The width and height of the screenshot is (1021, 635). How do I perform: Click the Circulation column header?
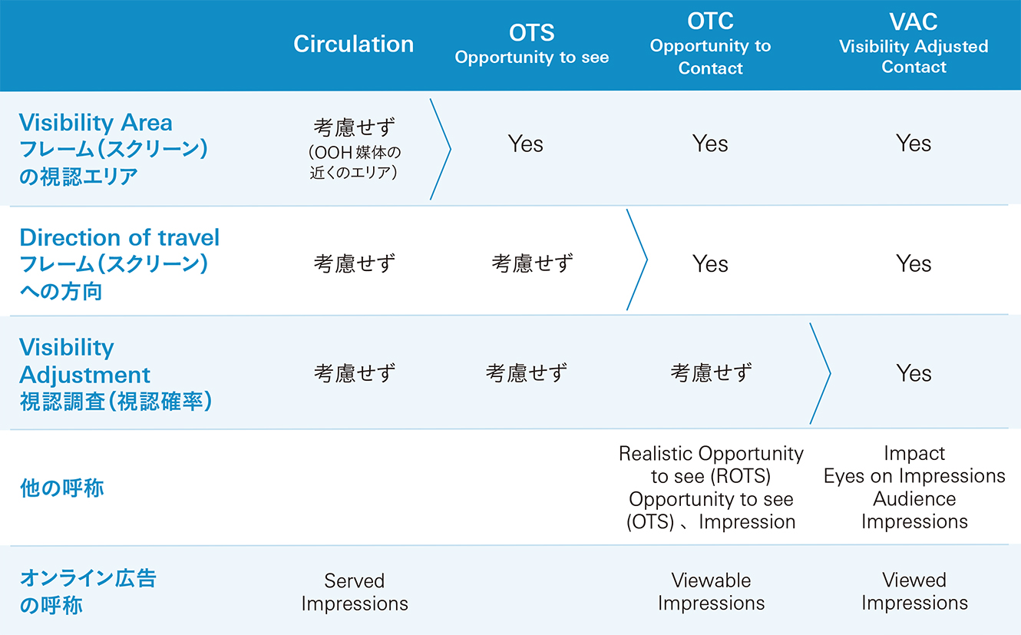(353, 45)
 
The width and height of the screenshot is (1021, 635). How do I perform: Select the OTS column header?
(531, 44)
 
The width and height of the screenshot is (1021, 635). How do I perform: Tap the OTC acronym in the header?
(710, 21)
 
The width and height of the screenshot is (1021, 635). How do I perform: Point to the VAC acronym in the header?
(913, 21)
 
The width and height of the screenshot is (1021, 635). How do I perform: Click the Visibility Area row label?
(113, 149)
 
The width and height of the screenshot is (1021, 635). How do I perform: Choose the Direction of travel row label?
(120, 263)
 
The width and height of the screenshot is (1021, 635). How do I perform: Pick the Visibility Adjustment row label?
(115, 374)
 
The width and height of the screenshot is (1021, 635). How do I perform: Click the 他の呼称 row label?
(61, 488)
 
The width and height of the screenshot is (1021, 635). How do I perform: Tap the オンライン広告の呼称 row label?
(88, 592)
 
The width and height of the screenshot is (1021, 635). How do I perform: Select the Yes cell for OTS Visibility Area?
(525, 144)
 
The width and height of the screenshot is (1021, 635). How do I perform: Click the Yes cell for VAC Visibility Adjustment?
(913, 373)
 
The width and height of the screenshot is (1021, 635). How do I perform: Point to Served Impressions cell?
(355, 592)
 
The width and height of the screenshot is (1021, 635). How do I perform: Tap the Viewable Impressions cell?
(711, 591)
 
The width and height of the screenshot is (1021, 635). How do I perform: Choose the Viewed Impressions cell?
(914, 590)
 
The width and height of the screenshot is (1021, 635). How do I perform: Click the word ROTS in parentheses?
(741, 476)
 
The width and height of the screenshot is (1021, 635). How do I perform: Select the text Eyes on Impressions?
(914, 476)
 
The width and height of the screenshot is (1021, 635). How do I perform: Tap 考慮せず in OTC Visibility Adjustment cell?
(711, 373)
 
